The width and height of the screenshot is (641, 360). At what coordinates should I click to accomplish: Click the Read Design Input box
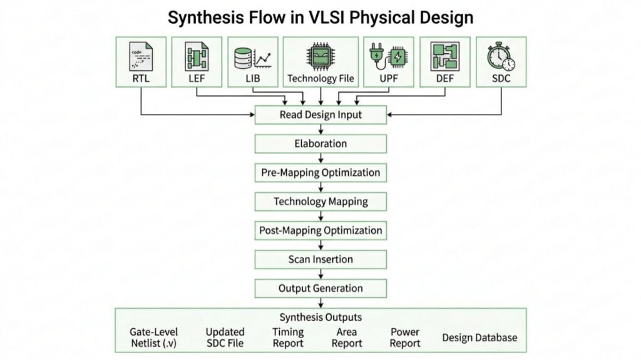pyautogui.click(x=320, y=115)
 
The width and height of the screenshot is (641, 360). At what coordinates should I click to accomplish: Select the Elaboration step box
pyautogui.click(x=320, y=143)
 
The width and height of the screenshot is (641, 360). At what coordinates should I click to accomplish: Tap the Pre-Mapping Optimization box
pyautogui.click(x=320, y=172)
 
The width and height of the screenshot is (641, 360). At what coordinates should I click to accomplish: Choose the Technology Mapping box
pyautogui.click(x=320, y=202)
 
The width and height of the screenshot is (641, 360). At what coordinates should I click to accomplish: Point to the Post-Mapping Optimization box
pyautogui.click(x=320, y=230)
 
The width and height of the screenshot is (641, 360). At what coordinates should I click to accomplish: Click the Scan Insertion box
pyautogui.click(x=320, y=259)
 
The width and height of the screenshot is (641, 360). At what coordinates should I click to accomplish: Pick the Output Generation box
pyautogui.click(x=320, y=288)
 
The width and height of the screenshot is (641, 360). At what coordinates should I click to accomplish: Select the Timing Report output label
pyautogui.click(x=288, y=337)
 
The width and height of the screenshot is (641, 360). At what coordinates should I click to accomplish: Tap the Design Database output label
pyautogui.click(x=479, y=338)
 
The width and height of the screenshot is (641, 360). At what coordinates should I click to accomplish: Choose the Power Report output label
pyautogui.click(x=405, y=337)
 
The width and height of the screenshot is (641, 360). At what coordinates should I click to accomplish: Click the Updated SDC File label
pyautogui.click(x=225, y=337)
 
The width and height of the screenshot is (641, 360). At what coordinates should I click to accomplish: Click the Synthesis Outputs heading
pyautogui.click(x=320, y=317)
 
